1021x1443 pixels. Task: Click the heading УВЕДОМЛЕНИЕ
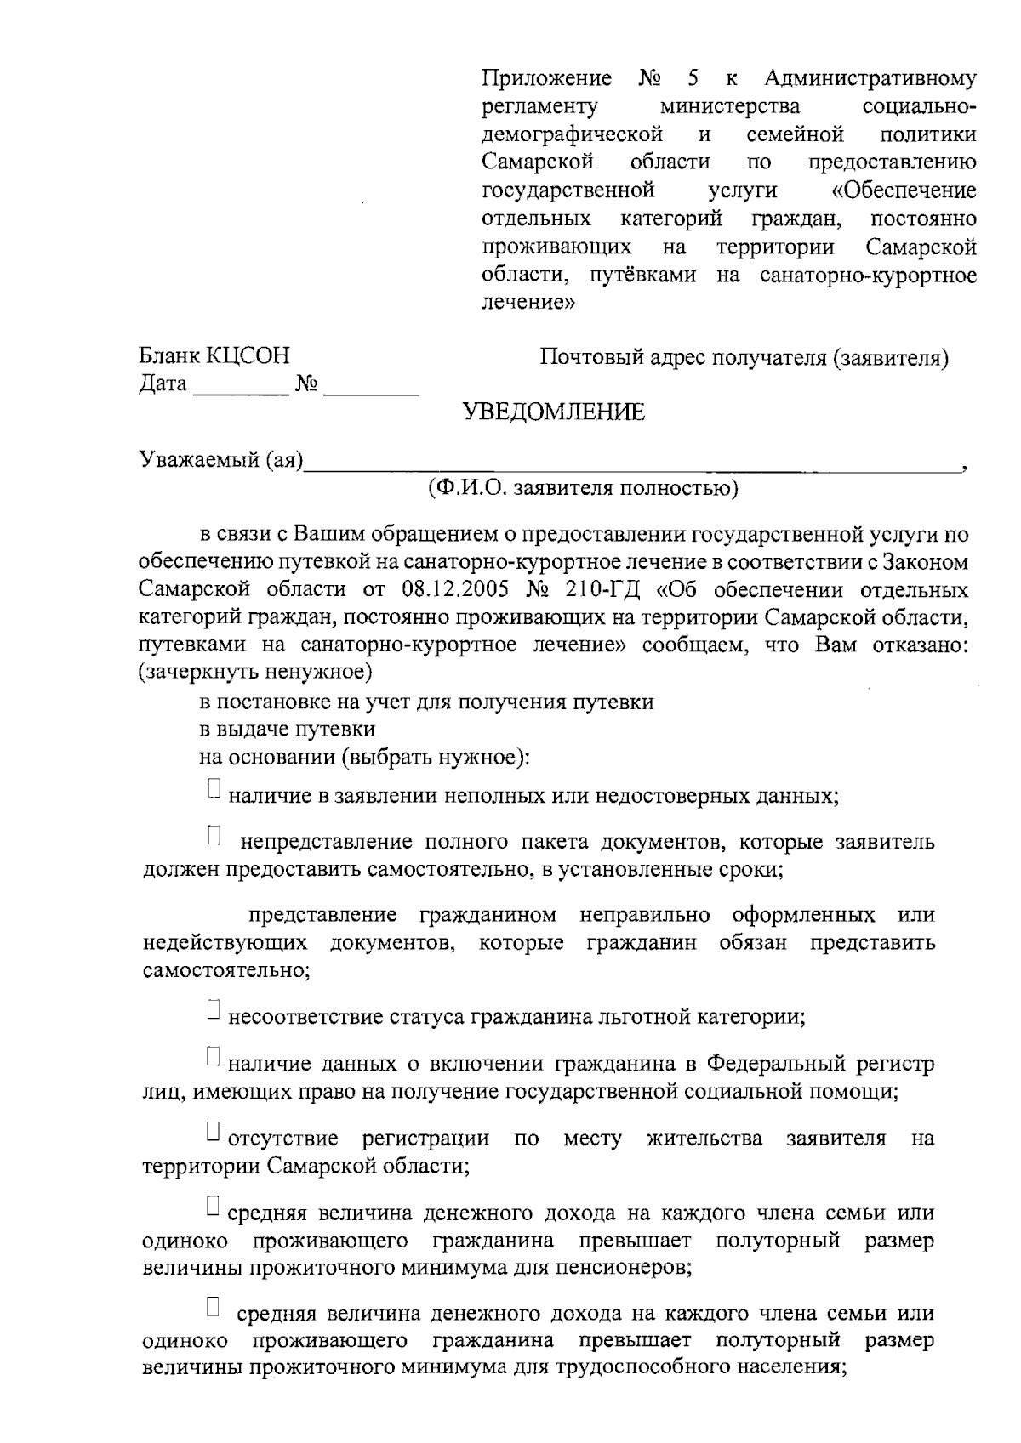[554, 412]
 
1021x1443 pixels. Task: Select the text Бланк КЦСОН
[214, 356]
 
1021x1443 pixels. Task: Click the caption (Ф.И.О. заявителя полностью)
[584, 488]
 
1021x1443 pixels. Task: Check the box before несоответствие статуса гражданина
[214, 1008]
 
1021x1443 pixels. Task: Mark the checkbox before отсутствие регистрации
[214, 1131]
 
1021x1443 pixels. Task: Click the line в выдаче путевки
[287, 730]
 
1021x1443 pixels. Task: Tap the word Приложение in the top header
[546, 80]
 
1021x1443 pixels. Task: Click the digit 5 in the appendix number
[693, 80]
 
